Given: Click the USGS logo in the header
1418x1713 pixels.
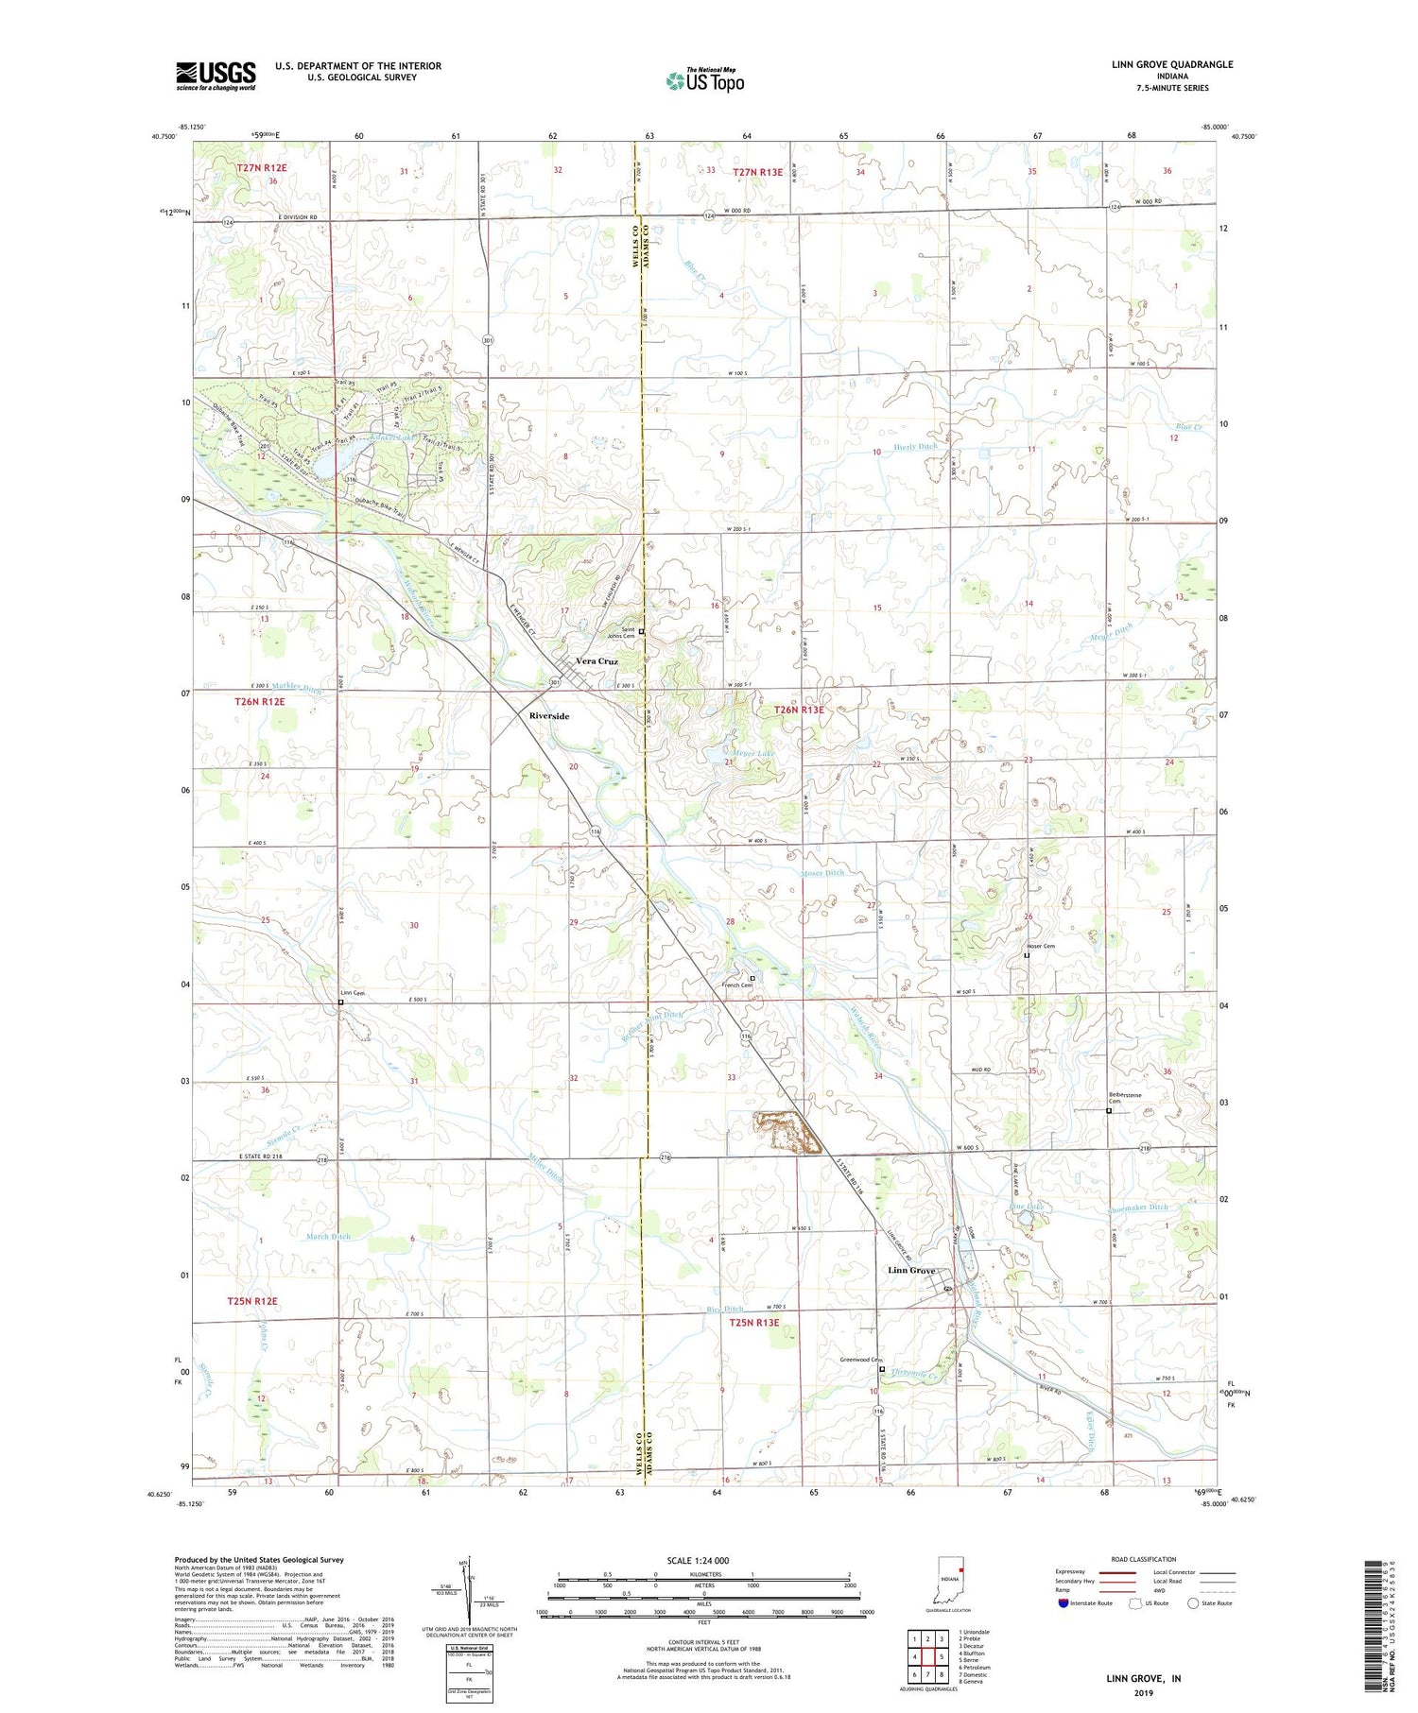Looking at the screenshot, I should tap(216, 76).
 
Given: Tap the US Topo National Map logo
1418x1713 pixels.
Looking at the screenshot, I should tap(704, 80).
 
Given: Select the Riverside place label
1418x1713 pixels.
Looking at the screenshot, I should tap(549, 716).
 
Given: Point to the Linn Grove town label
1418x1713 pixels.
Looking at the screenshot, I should tap(911, 1271).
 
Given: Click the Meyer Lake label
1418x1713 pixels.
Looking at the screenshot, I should tap(753, 753).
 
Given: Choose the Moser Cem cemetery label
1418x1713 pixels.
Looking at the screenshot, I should tap(1041, 946).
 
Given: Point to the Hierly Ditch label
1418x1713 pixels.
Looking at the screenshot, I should tap(915, 446).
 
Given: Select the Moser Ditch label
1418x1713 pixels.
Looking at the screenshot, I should tap(822, 873).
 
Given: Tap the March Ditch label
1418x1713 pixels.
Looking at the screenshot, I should tap(328, 1237).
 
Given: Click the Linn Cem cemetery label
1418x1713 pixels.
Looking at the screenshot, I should tap(352, 993).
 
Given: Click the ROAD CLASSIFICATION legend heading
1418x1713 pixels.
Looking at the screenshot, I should tap(1144, 1559).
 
